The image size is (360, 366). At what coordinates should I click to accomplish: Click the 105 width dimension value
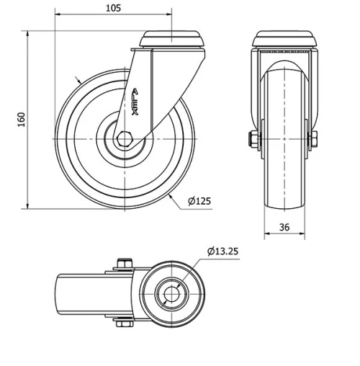(112, 8)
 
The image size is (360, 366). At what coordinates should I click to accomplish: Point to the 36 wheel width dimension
(284, 227)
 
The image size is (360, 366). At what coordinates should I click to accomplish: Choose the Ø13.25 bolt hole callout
(224, 251)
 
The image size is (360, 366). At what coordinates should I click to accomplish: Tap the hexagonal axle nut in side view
(126, 138)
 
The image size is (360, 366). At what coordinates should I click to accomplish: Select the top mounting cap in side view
(173, 39)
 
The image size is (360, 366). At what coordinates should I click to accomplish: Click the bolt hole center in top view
(171, 295)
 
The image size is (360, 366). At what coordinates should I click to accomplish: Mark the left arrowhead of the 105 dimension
(58, 15)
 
